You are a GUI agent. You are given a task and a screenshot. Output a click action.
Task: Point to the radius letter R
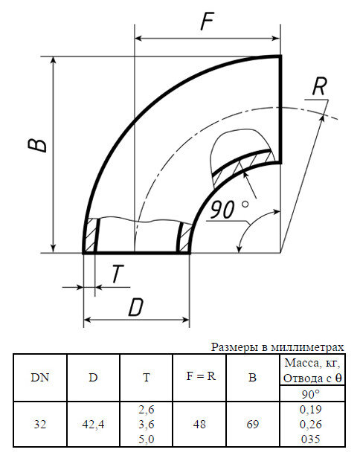coord(319,87)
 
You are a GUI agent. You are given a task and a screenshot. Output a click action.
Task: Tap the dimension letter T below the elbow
coord(118,274)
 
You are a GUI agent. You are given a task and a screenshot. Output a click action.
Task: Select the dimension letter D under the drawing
coord(136,306)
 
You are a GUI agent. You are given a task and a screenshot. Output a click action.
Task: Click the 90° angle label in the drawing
coord(229,210)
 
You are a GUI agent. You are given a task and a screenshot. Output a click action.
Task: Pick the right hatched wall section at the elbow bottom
coord(182,236)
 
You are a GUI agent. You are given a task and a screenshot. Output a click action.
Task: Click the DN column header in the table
coord(40,377)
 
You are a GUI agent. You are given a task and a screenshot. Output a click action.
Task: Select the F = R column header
coord(200,376)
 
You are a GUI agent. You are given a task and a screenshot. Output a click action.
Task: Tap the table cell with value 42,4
coord(93,424)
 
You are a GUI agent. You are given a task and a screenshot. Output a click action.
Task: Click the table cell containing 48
coord(200,424)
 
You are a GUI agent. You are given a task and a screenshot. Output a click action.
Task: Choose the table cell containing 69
coord(253,424)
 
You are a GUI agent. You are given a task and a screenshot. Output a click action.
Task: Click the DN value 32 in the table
coord(40,424)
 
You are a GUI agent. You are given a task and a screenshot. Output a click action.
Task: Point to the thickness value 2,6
coord(147,410)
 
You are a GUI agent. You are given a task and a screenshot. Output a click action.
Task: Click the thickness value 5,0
coord(147,439)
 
